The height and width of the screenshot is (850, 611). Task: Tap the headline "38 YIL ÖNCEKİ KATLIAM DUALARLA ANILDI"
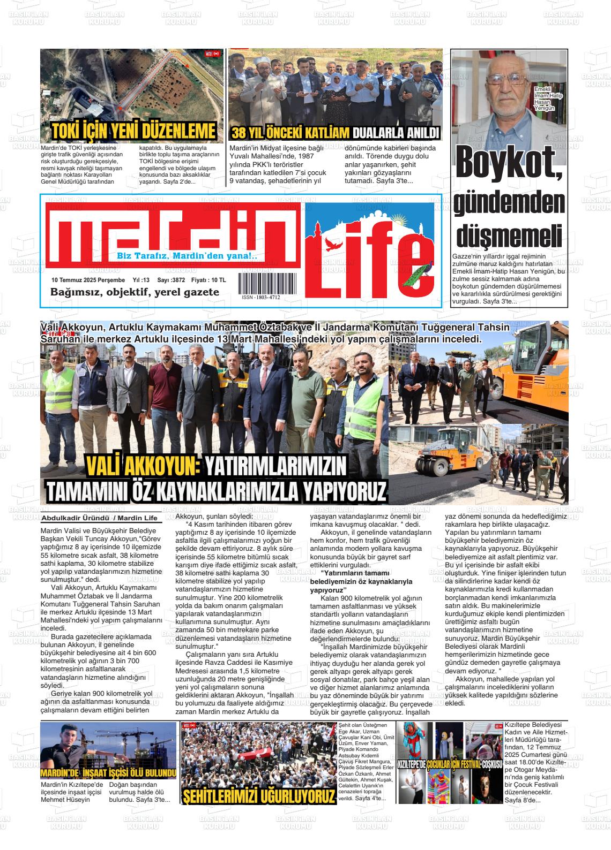(335, 133)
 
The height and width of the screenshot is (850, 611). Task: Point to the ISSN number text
(260, 297)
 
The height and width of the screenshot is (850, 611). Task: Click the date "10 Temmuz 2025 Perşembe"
(88, 280)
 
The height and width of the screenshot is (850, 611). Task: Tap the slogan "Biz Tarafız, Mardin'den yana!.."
(187, 256)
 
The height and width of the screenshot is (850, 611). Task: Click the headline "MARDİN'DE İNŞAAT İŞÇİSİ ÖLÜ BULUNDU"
(108, 773)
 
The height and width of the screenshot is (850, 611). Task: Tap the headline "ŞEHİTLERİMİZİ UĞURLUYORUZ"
(259, 796)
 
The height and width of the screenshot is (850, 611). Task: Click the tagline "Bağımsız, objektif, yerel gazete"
(135, 292)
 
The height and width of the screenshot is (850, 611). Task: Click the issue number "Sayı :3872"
(171, 280)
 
